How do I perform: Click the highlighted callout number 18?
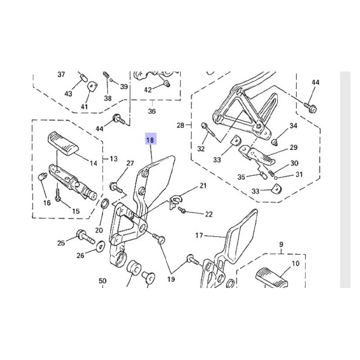point(150,140)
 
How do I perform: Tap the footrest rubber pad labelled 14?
point(63,144)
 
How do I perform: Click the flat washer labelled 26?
point(100,247)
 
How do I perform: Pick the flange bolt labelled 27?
point(117,187)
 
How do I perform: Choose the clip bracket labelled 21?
point(175,202)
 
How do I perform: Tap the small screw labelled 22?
point(182,210)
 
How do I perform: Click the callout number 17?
point(199,235)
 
